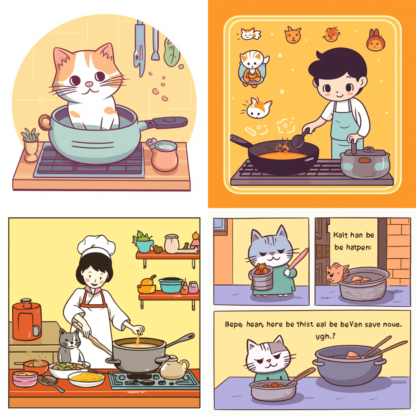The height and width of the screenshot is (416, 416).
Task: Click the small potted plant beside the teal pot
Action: tap(30, 144)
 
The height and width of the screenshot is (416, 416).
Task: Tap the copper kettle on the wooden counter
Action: tap(164, 155)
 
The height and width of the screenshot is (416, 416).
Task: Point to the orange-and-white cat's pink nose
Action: tap(88, 85)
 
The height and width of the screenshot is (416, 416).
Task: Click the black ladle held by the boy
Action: tap(300, 139)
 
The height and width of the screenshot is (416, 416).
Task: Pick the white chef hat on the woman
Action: tap(93, 244)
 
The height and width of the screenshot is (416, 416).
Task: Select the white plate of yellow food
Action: tap(86, 379)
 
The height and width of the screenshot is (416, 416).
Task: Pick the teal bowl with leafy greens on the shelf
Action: tap(144, 243)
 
